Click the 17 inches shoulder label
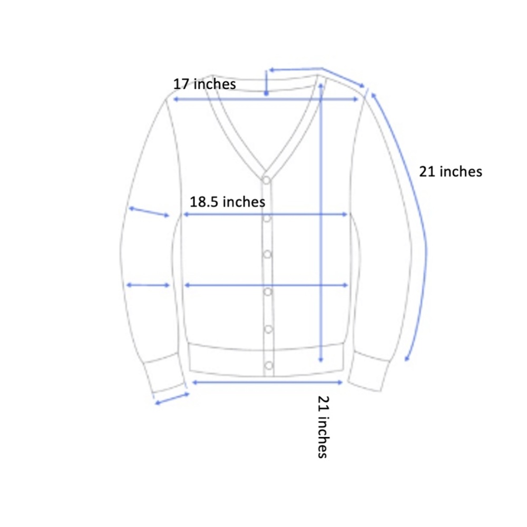204,84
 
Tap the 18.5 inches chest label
228,202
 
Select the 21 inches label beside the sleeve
451,171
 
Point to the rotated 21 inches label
323,427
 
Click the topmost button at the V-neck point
266,180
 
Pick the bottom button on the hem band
269,365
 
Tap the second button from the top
267,218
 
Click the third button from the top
267,255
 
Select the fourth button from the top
268,292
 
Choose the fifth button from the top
268,329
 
